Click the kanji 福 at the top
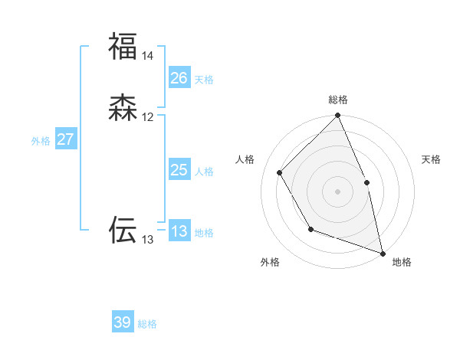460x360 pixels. (x=123, y=46)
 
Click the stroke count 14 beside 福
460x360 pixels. (x=148, y=56)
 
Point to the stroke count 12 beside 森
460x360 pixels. (x=148, y=117)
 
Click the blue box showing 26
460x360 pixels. (x=179, y=77)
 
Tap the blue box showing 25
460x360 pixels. (x=179, y=170)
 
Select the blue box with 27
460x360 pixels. (x=66, y=139)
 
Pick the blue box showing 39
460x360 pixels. (x=123, y=322)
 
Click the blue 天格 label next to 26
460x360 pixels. (x=204, y=79)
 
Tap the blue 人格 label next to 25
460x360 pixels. (x=204, y=172)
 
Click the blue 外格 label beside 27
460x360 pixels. (x=41, y=141)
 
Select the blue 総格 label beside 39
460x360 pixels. (x=148, y=324)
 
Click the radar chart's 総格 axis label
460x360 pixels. (x=337, y=100)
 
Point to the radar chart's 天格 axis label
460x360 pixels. (x=432, y=159)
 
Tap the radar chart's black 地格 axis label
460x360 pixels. (x=402, y=262)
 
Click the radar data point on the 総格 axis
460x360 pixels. (x=337, y=116)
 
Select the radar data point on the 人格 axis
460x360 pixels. (x=280, y=172)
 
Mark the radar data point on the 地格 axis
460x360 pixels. (x=383, y=253)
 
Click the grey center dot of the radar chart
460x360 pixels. (x=337, y=191)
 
